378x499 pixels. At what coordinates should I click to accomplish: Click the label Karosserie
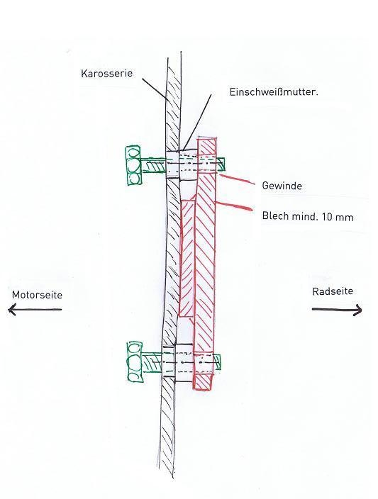pyautogui.click(x=106, y=74)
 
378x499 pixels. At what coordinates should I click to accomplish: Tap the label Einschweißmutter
pyautogui.click(x=274, y=92)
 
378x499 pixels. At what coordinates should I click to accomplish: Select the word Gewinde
pyautogui.click(x=282, y=186)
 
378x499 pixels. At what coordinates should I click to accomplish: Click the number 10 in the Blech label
pyautogui.click(x=328, y=217)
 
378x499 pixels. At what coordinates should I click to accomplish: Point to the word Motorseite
pyautogui.click(x=37, y=295)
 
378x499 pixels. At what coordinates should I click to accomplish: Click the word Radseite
pyautogui.click(x=333, y=291)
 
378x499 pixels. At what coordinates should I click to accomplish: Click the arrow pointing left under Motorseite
pyautogui.click(x=35, y=309)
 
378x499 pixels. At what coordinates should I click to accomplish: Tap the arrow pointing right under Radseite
pyautogui.click(x=337, y=310)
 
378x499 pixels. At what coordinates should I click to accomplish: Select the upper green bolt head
pyautogui.click(x=134, y=165)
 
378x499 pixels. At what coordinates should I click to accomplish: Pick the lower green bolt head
pyautogui.click(x=135, y=361)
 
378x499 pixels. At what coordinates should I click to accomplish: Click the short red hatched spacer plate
pyautogui.click(x=187, y=258)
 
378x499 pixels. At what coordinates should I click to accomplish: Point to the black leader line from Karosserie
pyautogui.click(x=153, y=87)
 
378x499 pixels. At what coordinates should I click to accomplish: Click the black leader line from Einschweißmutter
pyautogui.click(x=197, y=122)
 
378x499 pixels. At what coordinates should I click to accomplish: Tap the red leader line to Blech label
pyautogui.click(x=234, y=206)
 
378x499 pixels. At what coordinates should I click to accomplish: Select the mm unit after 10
pyautogui.click(x=345, y=218)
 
